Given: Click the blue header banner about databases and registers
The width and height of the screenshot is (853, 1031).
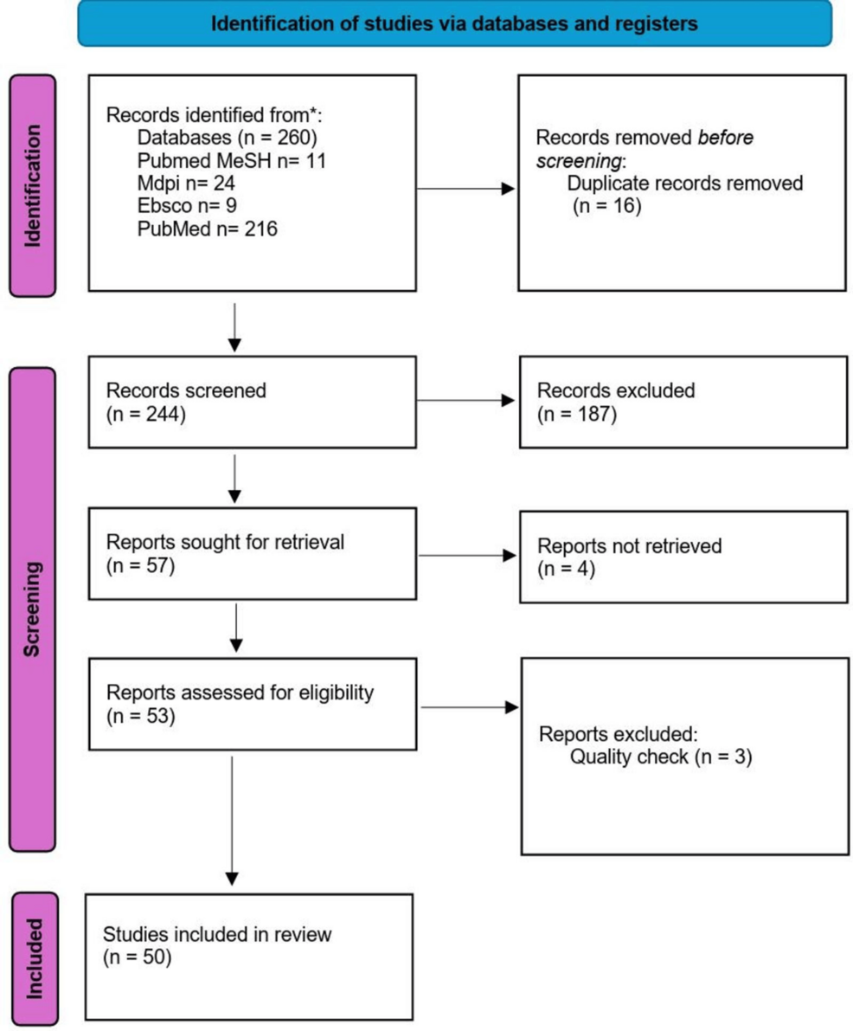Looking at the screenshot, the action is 454,23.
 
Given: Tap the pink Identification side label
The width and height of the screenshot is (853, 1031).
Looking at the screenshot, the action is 32,185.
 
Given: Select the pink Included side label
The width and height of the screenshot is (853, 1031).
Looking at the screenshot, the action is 35,958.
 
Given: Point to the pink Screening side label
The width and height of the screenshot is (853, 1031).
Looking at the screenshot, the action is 32,609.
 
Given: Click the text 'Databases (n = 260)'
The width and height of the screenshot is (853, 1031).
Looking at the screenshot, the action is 227,138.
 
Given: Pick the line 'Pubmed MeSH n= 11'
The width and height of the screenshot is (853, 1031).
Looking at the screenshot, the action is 231,160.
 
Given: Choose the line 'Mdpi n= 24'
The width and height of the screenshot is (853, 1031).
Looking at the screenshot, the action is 186,183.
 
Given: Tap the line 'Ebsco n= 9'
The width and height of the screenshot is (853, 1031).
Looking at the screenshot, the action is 187,206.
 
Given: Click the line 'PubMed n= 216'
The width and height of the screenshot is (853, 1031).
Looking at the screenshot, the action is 207,229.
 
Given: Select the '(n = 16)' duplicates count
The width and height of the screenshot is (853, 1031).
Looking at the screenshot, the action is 606,206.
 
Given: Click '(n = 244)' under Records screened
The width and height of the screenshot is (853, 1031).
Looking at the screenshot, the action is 146,415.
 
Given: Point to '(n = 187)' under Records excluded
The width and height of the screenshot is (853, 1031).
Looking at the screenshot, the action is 577,415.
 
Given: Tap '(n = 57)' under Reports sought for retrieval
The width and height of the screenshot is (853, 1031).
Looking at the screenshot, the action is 141,565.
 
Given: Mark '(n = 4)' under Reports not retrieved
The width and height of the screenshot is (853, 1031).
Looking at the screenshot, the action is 567,569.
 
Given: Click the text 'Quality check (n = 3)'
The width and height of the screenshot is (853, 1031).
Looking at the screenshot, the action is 661,757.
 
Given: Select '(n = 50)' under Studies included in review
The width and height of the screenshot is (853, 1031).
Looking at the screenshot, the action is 137,957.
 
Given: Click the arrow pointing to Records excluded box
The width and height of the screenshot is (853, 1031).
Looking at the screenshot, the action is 466,400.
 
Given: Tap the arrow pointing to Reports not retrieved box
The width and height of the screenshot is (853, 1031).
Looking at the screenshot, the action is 467,556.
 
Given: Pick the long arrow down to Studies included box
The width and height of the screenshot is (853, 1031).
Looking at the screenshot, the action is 232,821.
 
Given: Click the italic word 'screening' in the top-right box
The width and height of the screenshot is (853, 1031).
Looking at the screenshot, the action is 579,161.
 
